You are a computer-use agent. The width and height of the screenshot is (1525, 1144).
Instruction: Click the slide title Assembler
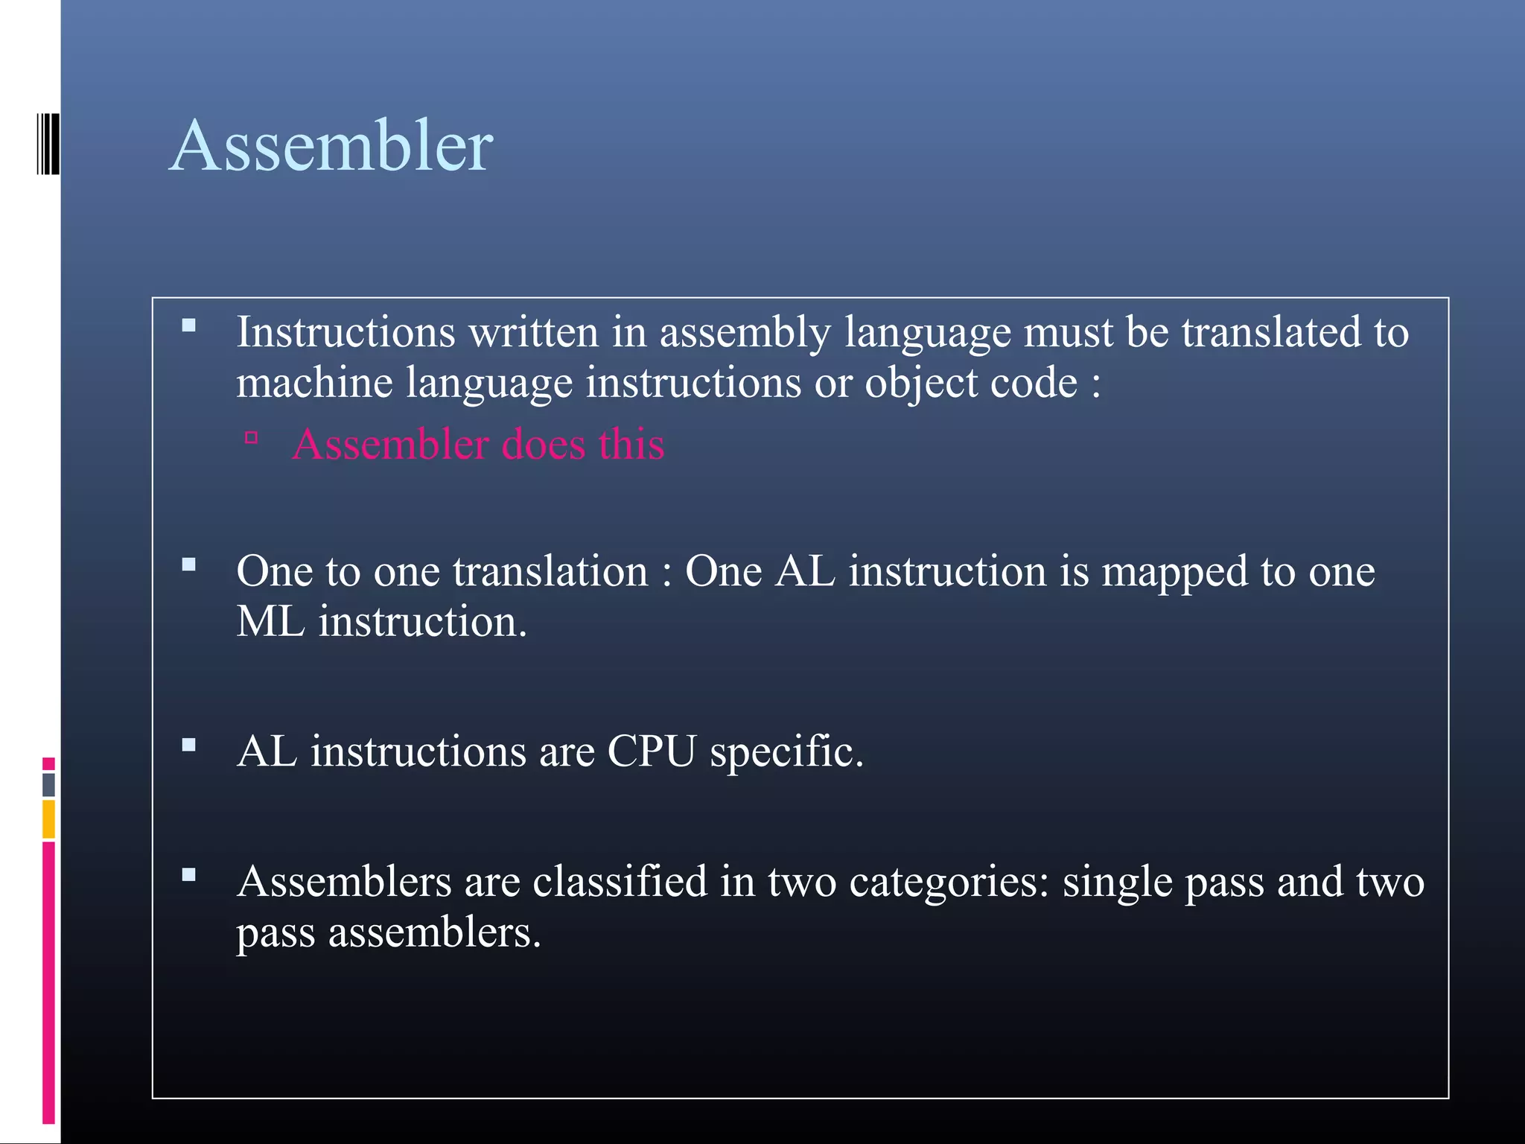(x=331, y=146)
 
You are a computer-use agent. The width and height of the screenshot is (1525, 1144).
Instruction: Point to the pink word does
(x=544, y=445)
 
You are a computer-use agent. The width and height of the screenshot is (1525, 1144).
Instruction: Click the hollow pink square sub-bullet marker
(x=251, y=438)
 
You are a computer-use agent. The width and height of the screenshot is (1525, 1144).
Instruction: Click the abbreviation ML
(x=270, y=621)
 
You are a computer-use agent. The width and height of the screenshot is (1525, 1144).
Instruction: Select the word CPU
(x=651, y=751)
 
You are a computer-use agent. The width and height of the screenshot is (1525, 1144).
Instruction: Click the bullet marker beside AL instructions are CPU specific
(x=188, y=745)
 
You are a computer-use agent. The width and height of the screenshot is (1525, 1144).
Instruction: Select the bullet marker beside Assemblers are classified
(x=188, y=875)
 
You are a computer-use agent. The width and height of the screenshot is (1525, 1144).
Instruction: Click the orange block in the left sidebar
(x=48, y=819)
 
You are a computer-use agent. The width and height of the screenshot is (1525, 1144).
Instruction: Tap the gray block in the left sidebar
(x=48, y=784)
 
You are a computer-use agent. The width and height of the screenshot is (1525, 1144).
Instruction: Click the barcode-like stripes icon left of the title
(x=48, y=144)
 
